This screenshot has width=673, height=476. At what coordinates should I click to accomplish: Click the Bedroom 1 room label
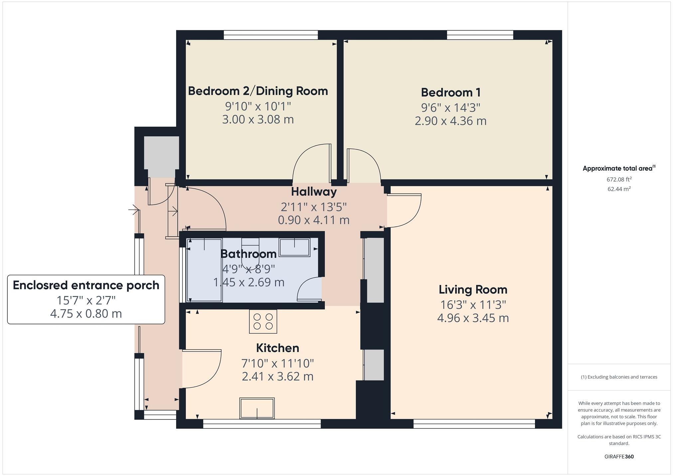pos(451,92)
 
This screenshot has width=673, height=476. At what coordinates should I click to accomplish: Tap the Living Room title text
pos(473,290)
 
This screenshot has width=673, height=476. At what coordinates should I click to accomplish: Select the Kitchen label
pos(277,348)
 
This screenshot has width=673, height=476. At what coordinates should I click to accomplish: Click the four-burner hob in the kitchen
pos(263,322)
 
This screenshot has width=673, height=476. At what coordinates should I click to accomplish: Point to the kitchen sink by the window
pos(257,408)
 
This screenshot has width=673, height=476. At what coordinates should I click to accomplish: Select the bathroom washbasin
pos(295,247)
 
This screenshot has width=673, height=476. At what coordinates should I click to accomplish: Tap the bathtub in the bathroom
pos(204,270)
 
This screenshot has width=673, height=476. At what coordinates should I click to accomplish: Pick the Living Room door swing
pos(403,210)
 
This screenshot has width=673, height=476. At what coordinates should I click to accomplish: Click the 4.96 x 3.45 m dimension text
pos(473,318)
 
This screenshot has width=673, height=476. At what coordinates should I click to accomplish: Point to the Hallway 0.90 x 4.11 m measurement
pos(314,220)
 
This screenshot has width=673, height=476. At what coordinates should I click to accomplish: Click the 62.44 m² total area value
pos(619,189)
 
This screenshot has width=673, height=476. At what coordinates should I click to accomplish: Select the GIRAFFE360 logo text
pos(619,457)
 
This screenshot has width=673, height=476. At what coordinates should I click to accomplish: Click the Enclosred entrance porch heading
pos(86,285)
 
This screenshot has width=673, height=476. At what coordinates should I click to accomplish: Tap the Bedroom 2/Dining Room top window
pos(271,35)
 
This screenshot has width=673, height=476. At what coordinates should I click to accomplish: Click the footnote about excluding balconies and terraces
pos(619,377)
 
